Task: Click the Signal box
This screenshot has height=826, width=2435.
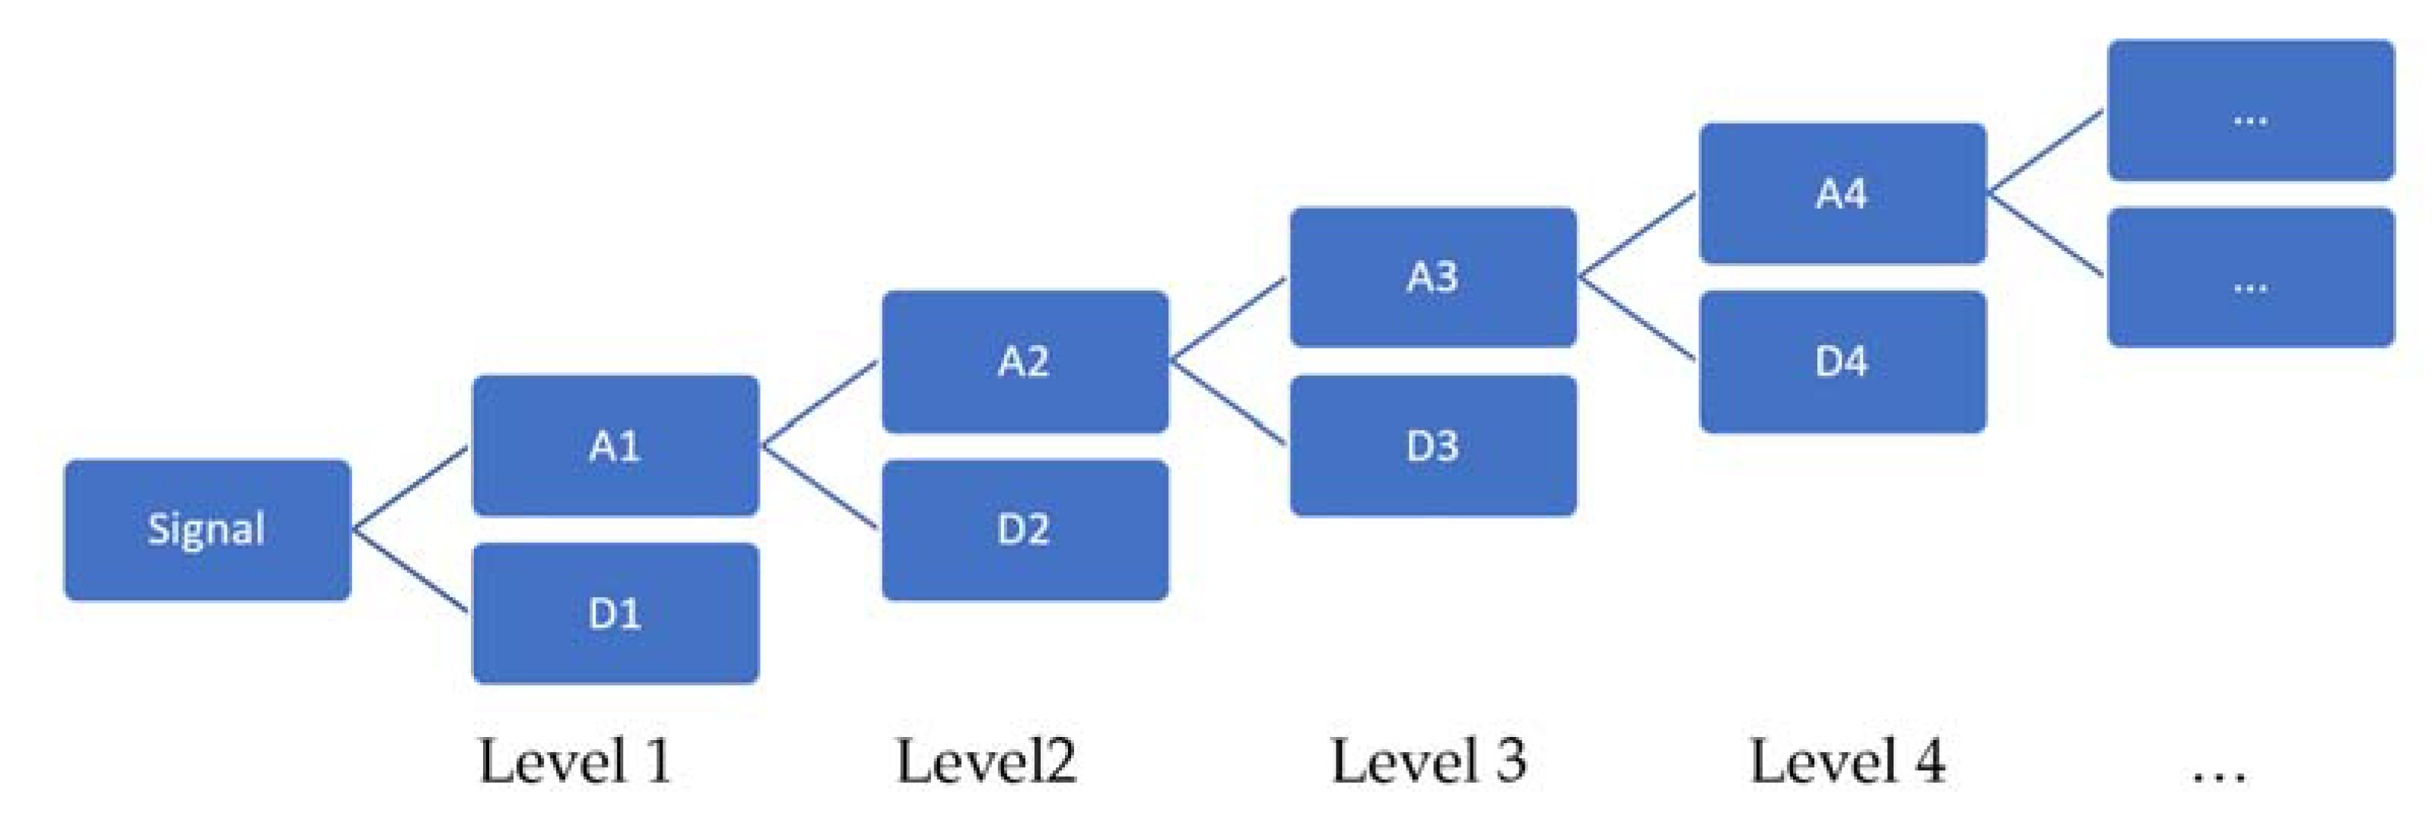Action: point(207,530)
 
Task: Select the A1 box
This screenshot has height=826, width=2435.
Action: point(615,446)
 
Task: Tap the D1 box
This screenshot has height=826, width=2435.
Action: point(615,613)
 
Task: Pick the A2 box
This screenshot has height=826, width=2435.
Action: point(1025,362)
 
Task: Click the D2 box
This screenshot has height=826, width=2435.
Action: point(1025,530)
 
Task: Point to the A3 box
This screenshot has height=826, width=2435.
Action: point(1433,278)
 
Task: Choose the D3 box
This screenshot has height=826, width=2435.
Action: point(1433,446)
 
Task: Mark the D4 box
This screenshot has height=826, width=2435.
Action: point(1842,362)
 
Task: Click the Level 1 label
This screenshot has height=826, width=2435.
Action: point(576,761)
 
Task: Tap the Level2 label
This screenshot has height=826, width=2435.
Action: point(986,761)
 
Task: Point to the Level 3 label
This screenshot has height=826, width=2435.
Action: point(1429,761)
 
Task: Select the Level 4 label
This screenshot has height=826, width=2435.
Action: point(1847,761)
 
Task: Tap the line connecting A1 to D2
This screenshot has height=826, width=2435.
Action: point(819,487)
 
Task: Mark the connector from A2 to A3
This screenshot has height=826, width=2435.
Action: point(1229,320)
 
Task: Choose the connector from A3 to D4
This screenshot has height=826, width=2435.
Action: point(1637,319)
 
